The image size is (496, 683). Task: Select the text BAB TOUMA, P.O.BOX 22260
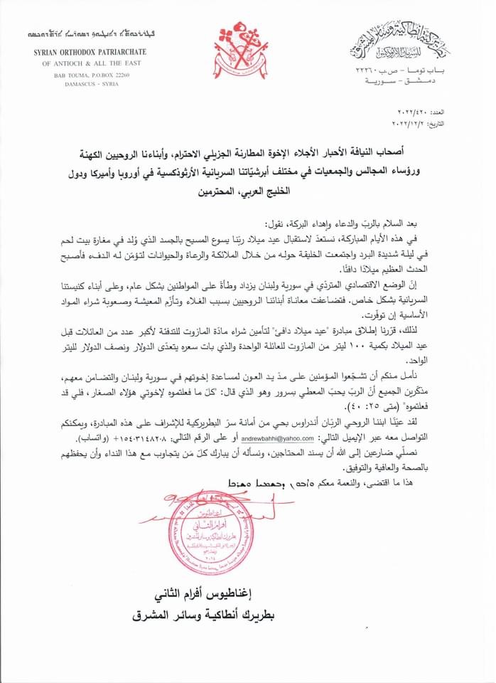[87, 74]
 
